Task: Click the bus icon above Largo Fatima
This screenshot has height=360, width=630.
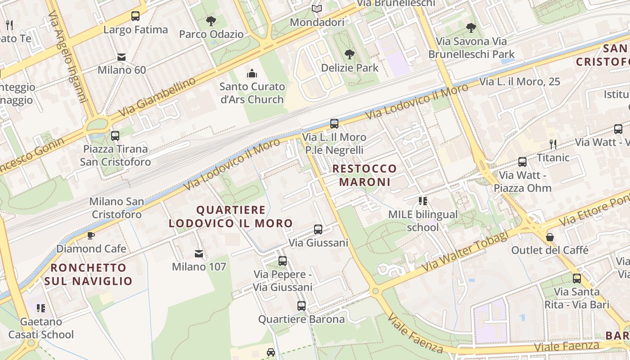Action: (x=135, y=16)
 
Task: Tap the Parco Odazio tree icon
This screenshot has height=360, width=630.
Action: (x=211, y=21)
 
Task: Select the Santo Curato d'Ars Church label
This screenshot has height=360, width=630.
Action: (x=252, y=93)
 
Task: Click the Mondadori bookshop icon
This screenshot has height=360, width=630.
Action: (x=317, y=9)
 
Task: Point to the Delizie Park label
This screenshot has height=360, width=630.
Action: (x=350, y=68)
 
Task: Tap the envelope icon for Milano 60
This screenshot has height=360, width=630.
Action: (x=121, y=57)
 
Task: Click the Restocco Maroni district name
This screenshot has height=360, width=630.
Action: (x=364, y=175)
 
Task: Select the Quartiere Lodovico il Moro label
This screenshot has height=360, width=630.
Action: (x=230, y=216)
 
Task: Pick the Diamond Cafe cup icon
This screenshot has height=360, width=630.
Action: (x=91, y=235)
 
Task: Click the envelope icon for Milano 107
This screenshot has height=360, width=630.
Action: (x=198, y=254)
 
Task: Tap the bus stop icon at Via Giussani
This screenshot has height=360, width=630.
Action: (x=318, y=229)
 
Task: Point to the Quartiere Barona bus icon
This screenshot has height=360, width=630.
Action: (x=301, y=306)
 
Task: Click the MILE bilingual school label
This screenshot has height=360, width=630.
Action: (x=423, y=221)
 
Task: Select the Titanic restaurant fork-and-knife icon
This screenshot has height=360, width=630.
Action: (x=553, y=144)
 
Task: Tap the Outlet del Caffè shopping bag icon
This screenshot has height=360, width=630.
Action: (x=549, y=237)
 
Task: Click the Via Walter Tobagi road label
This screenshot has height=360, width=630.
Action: (x=465, y=252)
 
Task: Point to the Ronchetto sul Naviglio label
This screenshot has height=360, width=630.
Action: (x=88, y=274)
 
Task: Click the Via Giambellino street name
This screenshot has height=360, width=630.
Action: (x=157, y=97)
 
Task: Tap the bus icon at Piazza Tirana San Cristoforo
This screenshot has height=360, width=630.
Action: (x=115, y=135)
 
